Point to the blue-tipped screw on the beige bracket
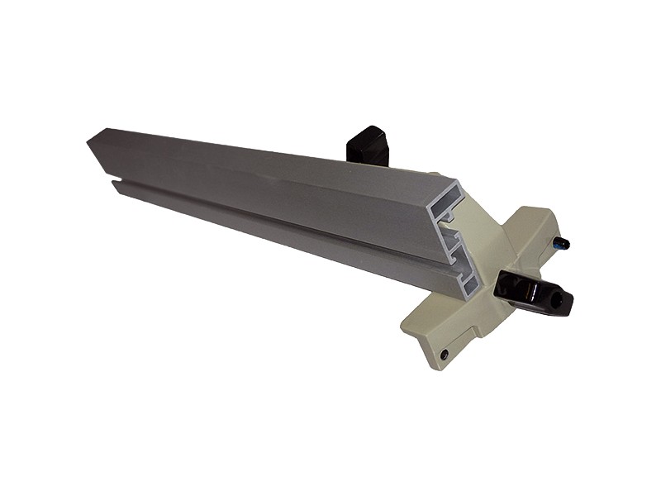coord(564,243)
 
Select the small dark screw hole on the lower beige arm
coord(445,354)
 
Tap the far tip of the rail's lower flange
coord(116,187)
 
